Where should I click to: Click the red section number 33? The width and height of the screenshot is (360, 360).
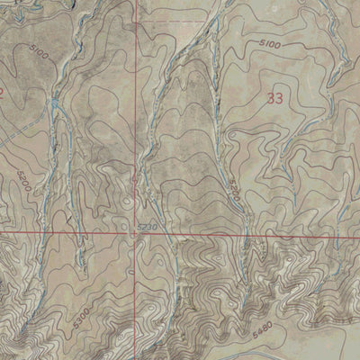tap(276, 100)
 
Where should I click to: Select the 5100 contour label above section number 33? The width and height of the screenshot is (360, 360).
tap(270, 44)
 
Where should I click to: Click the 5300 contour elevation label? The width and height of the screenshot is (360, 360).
tap(83, 318)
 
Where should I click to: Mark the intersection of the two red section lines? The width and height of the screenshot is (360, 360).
tap(137, 233)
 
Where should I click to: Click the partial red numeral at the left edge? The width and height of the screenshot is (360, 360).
tap(3, 93)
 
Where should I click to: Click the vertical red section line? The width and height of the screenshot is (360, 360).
tap(137, 135)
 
